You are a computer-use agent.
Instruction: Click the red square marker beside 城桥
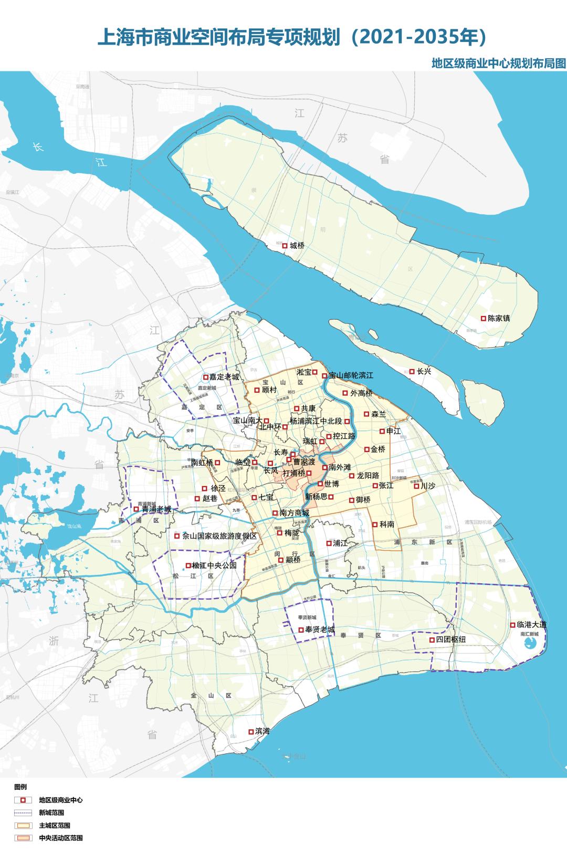point(285,245)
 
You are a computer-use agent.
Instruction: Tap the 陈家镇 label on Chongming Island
point(499,318)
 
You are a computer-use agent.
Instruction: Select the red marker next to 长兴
point(412,371)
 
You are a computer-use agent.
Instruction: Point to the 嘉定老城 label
point(224,377)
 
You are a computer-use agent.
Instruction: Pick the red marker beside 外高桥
point(345,393)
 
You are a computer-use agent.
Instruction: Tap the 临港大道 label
point(532,625)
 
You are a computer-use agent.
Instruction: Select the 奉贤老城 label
point(320,630)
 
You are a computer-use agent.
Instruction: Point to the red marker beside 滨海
point(250,731)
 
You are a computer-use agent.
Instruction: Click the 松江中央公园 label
point(214,566)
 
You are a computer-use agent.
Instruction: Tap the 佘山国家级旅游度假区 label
point(219,536)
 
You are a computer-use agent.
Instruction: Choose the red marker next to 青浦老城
point(136,509)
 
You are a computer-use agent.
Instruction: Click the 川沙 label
point(428,486)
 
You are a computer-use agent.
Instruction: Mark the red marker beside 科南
point(374,524)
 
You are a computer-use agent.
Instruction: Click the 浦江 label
point(340,543)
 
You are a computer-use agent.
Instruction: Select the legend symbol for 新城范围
point(24,813)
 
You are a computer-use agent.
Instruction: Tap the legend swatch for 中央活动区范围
point(24,838)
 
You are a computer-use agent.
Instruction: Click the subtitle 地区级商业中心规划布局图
point(498,64)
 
